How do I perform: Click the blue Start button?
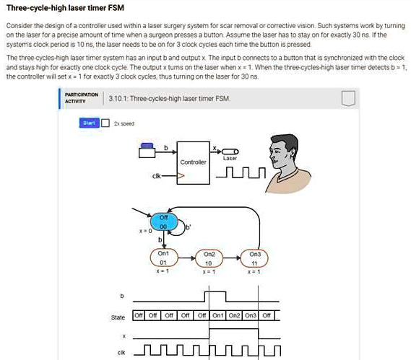click(x=89, y=123)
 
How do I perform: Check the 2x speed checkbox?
click(x=105, y=123)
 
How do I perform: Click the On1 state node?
click(x=163, y=258)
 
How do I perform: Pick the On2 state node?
click(x=209, y=258)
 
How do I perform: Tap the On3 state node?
click(x=255, y=258)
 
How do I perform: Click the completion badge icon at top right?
click(x=348, y=98)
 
